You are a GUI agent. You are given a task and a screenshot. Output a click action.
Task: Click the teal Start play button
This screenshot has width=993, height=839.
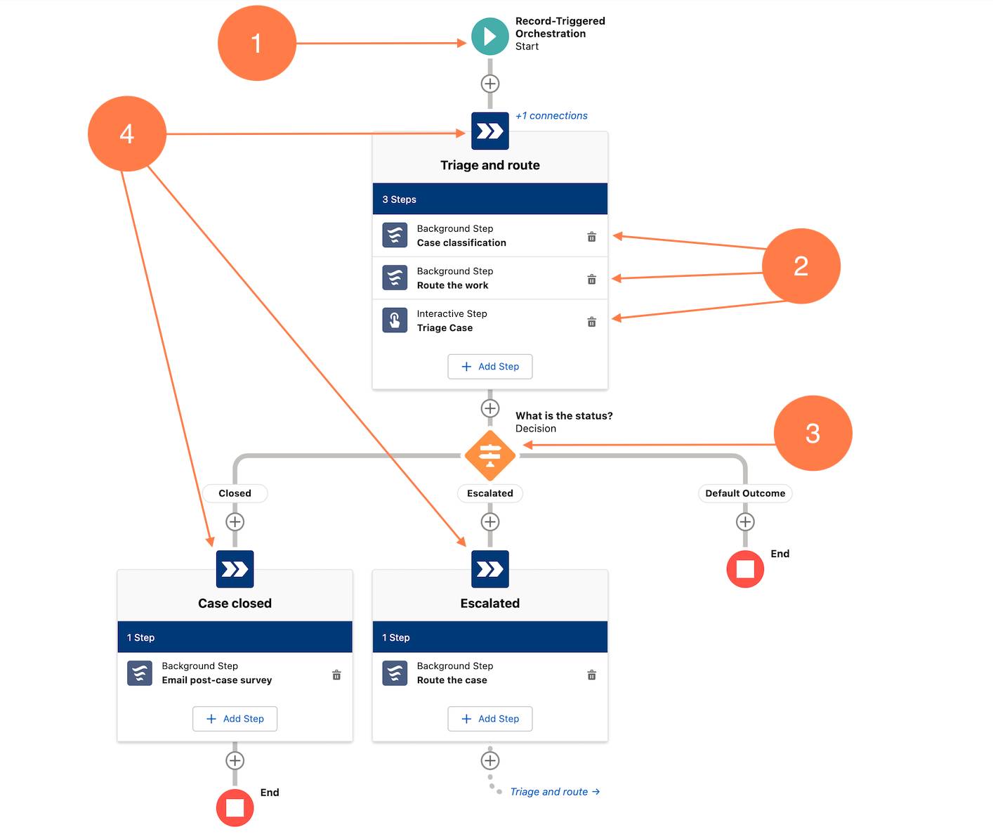pyautogui.click(x=489, y=37)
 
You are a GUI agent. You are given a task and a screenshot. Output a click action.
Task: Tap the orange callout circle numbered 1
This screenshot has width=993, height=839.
pyautogui.click(x=257, y=43)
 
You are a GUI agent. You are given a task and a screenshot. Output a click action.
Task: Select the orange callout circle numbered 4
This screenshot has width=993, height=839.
pyautogui.click(x=127, y=134)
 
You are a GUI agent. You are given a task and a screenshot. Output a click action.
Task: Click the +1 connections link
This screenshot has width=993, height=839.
pyautogui.click(x=551, y=116)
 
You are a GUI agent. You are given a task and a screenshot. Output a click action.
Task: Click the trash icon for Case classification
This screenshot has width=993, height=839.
pyautogui.click(x=591, y=237)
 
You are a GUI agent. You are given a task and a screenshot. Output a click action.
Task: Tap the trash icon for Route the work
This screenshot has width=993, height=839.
pyautogui.click(x=591, y=280)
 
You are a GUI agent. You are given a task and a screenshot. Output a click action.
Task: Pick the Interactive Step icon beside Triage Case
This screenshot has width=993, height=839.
pyautogui.click(x=395, y=320)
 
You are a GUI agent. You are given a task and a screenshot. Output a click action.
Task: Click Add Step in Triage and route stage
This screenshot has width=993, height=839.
pyautogui.click(x=490, y=367)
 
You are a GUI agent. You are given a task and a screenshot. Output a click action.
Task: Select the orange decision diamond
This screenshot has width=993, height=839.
pyautogui.click(x=490, y=456)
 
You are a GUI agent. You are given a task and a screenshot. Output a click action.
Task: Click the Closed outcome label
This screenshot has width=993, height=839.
pyautogui.click(x=235, y=493)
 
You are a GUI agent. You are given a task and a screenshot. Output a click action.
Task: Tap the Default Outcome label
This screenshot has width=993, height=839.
pyautogui.click(x=745, y=493)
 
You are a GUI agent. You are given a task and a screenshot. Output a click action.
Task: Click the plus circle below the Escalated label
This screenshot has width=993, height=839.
pyautogui.click(x=490, y=522)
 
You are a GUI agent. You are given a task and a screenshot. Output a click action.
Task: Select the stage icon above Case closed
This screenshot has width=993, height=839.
pyautogui.click(x=235, y=569)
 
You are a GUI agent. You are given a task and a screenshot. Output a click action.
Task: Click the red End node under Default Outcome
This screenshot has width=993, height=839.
pyautogui.click(x=745, y=569)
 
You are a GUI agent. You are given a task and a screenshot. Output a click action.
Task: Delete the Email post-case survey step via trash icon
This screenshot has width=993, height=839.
pyautogui.click(x=336, y=675)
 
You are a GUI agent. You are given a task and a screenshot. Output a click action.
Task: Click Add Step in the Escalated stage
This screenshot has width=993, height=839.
pyautogui.click(x=490, y=719)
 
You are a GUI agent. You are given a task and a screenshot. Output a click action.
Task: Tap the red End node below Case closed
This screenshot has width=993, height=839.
pyautogui.click(x=235, y=808)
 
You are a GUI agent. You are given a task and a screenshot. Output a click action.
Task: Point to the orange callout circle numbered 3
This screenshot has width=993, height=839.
pyautogui.click(x=813, y=434)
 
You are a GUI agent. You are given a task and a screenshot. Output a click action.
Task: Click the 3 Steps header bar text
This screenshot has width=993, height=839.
pyautogui.click(x=399, y=200)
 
